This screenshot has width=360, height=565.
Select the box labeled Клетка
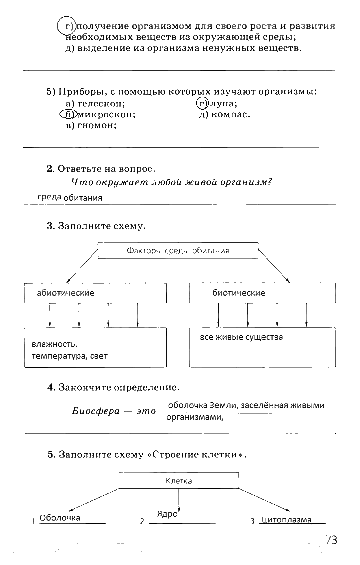[x=178, y=481]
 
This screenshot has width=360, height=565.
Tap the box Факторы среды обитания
[x=178, y=250]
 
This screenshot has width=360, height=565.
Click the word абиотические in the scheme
[x=65, y=293]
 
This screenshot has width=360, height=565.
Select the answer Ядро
[x=167, y=513]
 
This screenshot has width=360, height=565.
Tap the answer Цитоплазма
[x=286, y=520]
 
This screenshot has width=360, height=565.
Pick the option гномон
[x=97, y=126]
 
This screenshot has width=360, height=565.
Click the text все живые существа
[x=241, y=337]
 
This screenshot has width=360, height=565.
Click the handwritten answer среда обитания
[x=70, y=197]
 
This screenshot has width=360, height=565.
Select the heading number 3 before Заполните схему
[x=50, y=226]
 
